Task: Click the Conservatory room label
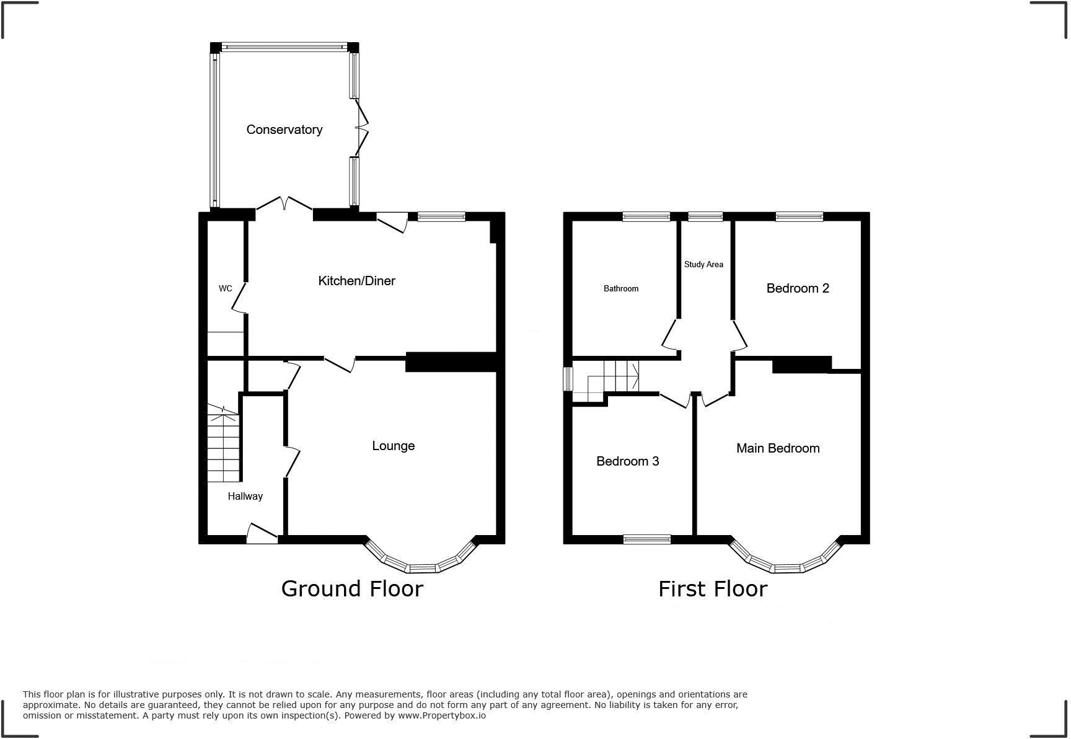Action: tap(284, 130)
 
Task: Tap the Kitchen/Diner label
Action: tap(356, 281)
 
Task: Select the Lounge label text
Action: tap(393, 446)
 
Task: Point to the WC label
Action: tap(226, 288)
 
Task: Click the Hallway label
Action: tap(245, 496)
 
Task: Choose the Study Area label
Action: tap(703, 264)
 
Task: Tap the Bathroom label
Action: tap(620, 288)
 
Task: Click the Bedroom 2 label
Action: tap(797, 288)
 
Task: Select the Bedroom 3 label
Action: tap(627, 461)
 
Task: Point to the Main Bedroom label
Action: tap(777, 448)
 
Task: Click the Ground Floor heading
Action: tap(351, 588)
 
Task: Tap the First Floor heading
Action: tap(712, 588)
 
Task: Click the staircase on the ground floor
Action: tap(223, 443)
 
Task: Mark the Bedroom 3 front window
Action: tap(646, 539)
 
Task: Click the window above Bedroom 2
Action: tap(799, 216)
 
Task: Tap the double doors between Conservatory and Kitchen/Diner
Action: tap(284, 205)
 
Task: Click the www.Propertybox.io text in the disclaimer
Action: tap(441, 715)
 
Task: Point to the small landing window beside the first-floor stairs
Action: tap(567, 379)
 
